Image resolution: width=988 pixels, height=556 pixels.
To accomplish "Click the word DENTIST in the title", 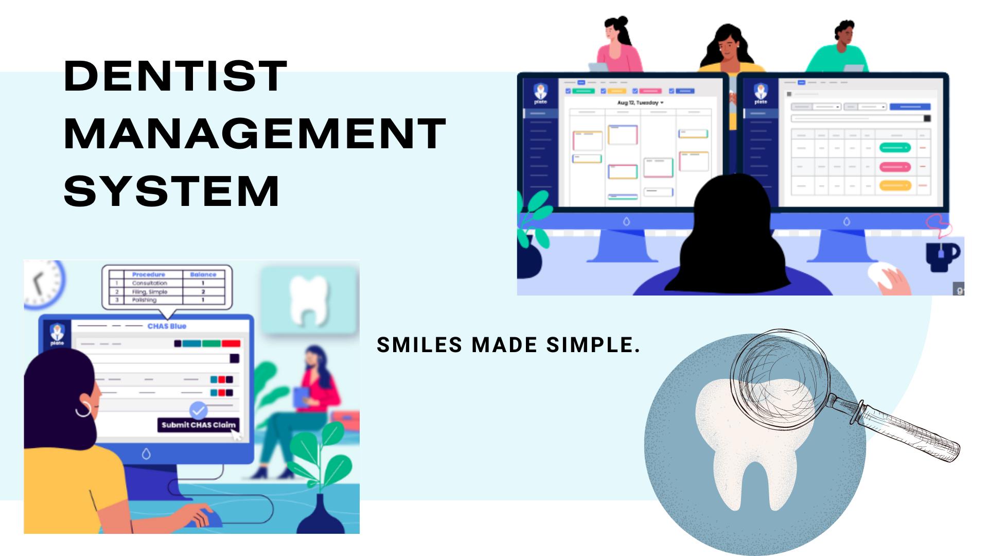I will pos(175,76).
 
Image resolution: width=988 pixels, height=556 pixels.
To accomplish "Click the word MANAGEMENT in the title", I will pos(255,134).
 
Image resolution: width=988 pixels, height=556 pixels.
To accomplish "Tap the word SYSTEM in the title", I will pos(172,191).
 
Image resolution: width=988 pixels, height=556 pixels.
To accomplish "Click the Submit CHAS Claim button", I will pos(198,425).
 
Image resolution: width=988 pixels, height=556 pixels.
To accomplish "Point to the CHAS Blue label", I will pos(167,326).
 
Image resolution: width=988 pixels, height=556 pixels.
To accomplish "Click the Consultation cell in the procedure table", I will pos(149,283).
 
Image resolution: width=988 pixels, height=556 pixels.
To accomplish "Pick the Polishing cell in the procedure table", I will pos(144,300).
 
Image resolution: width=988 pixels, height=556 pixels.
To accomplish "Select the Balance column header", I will pos(203,274).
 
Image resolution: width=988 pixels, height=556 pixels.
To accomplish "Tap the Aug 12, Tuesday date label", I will pos(639,103).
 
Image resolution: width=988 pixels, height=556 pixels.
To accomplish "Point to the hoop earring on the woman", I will pos(83,409).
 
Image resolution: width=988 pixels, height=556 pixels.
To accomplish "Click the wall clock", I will pos(44,283).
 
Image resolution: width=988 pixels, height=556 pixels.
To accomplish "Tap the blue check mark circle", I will pos(198,410).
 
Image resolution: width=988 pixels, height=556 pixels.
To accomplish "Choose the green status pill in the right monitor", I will pos(895,148).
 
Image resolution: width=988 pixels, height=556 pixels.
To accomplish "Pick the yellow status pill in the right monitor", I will pos(895,185).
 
